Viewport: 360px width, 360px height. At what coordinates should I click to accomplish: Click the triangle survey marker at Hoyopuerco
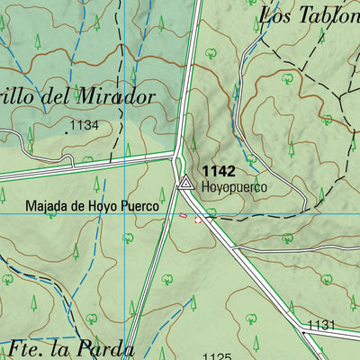coord(185,184)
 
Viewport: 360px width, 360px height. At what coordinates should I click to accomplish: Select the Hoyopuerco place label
coord(234,187)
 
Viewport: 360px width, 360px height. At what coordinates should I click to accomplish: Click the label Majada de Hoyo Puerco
coord(92,206)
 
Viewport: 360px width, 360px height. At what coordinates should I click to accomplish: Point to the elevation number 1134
coord(83,124)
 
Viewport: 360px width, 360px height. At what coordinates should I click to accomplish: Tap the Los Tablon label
coord(308,14)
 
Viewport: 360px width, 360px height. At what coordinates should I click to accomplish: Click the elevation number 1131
coord(321,325)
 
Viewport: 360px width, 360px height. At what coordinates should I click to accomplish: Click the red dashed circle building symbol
coord(199,217)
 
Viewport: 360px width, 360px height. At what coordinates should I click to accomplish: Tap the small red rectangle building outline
coord(184,215)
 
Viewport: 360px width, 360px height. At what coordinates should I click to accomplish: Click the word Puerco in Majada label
coord(138,206)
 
